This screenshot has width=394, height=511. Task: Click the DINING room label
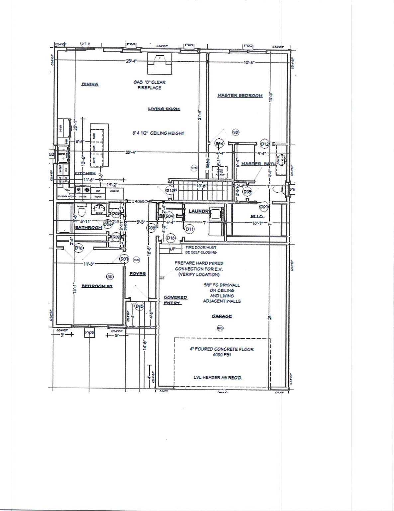point(90,85)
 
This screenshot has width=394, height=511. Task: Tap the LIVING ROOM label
point(164,109)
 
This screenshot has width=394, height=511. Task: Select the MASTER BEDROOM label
point(240,95)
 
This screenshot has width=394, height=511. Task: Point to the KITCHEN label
point(85,173)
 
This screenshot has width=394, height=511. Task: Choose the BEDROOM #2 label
point(97,286)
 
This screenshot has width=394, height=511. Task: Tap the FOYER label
point(138,274)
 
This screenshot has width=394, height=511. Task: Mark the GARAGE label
point(222,316)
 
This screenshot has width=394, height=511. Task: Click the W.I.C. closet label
point(257,217)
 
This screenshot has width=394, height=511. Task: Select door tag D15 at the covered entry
point(140,306)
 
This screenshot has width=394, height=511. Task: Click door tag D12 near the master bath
point(264,144)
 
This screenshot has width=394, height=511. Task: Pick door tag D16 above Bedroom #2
point(79,248)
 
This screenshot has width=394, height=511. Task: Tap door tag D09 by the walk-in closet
point(264,207)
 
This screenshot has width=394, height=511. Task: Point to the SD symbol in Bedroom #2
point(110,276)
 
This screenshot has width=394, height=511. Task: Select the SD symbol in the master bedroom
point(236,132)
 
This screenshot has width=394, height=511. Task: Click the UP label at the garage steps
point(173,249)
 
